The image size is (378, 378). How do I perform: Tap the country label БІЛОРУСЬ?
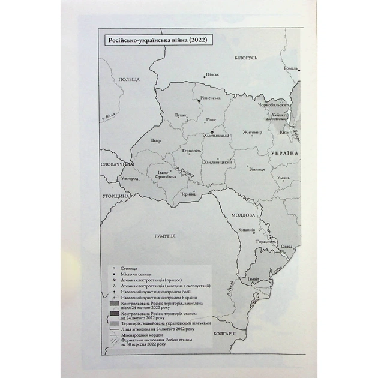(245, 58)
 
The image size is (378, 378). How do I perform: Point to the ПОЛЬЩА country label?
(129, 79)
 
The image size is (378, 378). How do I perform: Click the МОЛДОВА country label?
(243, 215)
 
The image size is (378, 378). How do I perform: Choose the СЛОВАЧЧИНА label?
(117, 163)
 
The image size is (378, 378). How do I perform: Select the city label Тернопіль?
(187, 151)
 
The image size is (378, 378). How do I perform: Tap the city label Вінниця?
(257, 169)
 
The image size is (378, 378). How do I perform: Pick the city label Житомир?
(251, 132)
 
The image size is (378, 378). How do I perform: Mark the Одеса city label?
(287, 247)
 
